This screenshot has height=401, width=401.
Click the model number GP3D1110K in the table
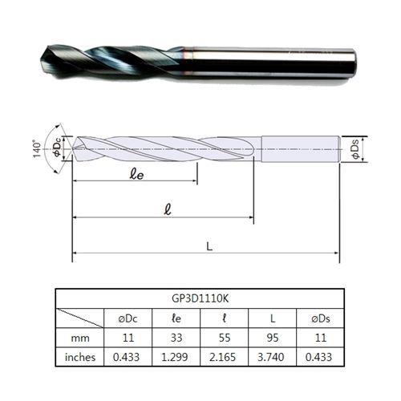[200, 298]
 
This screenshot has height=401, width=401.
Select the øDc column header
[128, 318]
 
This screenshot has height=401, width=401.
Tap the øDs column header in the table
[321, 318]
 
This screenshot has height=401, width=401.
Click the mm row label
[80, 338]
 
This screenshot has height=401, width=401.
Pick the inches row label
[80, 357]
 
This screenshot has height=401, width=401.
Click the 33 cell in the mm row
[176, 338]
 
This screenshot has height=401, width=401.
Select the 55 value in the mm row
[225, 338]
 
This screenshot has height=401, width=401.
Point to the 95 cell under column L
[273, 338]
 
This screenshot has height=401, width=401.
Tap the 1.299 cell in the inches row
[175, 357]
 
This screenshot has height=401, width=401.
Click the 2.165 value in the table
[223, 357]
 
